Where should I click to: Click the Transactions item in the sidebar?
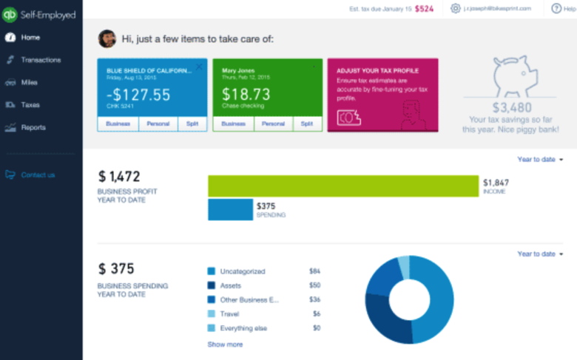[41, 60]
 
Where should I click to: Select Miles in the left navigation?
[30, 83]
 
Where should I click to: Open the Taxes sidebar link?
[30, 105]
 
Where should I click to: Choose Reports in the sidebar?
[33, 127]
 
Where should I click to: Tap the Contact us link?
[37, 175]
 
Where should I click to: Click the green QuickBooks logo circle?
[10, 14]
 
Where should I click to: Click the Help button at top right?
[561, 9]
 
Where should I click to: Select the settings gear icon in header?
[456, 9]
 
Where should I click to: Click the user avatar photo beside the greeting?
[107, 38]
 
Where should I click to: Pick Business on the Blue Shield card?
[118, 124]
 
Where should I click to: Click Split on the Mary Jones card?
[306, 124]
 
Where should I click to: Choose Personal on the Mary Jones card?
[274, 124]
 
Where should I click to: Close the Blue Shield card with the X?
[199, 67]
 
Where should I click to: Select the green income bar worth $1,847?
[343, 186]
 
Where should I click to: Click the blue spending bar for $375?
[230, 210]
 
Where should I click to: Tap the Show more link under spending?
[225, 344]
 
